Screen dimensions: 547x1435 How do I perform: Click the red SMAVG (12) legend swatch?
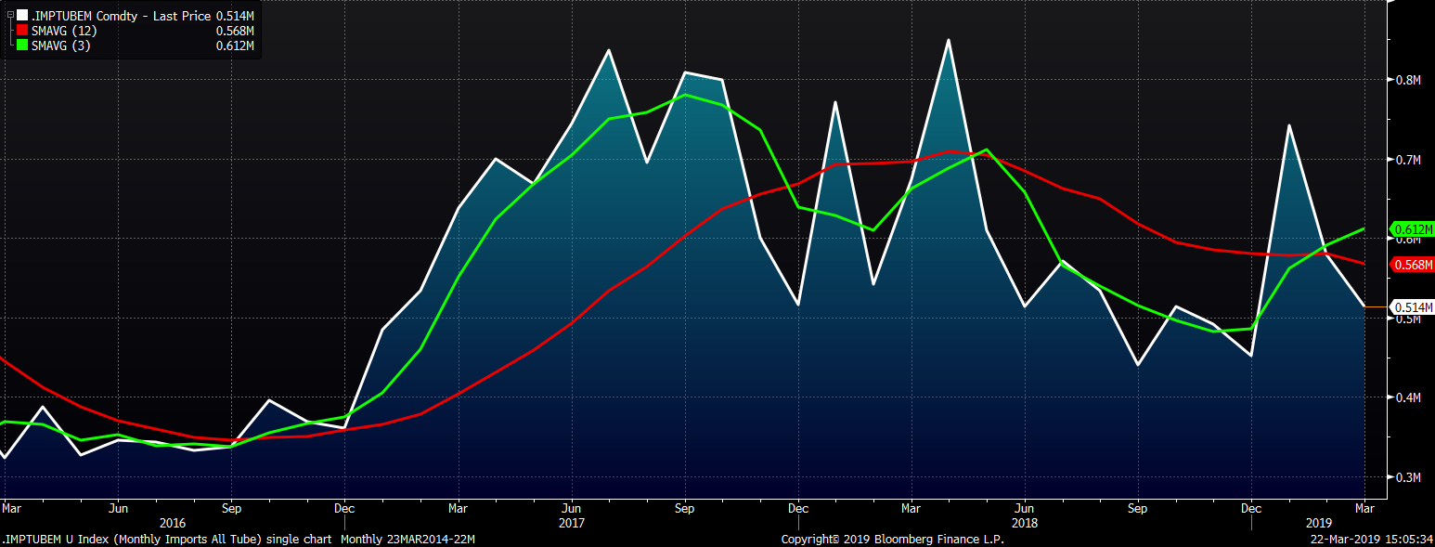pyautogui.click(x=22, y=31)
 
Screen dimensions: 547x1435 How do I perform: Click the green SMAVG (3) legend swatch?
pyautogui.click(x=22, y=46)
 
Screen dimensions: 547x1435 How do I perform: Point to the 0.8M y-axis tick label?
pyautogui.click(x=1408, y=80)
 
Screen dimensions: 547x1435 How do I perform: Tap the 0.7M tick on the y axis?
pyautogui.click(x=1408, y=160)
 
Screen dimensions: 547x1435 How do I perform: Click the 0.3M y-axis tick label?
pyautogui.click(x=1408, y=477)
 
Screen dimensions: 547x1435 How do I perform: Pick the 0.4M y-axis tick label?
pyautogui.click(x=1408, y=397)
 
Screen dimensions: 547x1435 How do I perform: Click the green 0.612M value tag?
pyautogui.click(x=1413, y=229)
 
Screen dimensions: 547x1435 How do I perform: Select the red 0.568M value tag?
pyautogui.click(x=1413, y=265)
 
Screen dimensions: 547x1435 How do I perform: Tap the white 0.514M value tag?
pyautogui.click(x=1413, y=306)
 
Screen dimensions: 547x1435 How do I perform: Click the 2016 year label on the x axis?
pyautogui.click(x=174, y=523)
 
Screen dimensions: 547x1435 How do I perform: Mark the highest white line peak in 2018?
pyautogui.click(x=948, y=40)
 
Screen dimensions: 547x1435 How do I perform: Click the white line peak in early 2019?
pyautogui.click(x=1289, y=125)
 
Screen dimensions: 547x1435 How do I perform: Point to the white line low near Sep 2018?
pyautogui.click(x=1138, y=364)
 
